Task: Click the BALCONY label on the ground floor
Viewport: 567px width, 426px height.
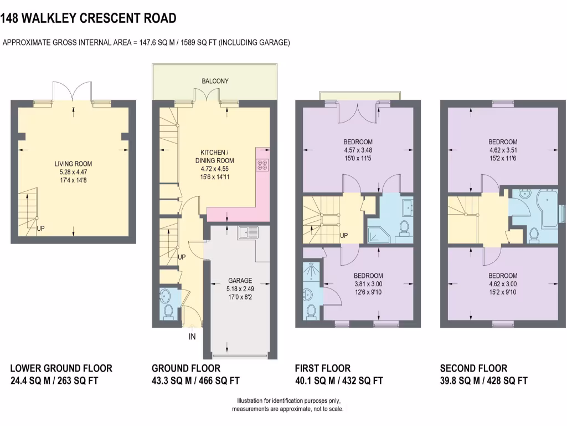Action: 215,81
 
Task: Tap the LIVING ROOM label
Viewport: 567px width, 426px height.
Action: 74,164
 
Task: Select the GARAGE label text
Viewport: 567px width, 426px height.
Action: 240,281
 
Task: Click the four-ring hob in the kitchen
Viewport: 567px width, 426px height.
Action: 262,165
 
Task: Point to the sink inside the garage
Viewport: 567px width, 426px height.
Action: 248,232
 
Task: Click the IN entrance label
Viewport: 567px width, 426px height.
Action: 192,337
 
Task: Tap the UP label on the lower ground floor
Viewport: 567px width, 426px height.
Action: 40,229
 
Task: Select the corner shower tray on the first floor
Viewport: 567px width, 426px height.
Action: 378,235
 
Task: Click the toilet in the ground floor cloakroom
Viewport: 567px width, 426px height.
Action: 168,312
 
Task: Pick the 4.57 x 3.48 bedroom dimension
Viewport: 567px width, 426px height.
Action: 358,150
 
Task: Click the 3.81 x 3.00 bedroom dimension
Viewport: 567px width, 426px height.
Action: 368,284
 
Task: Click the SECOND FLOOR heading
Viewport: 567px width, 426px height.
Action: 473,368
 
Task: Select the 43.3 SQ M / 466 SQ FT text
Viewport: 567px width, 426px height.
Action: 195,381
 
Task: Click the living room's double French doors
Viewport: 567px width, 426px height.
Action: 74,92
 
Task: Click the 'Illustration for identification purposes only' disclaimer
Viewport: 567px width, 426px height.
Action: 288,400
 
